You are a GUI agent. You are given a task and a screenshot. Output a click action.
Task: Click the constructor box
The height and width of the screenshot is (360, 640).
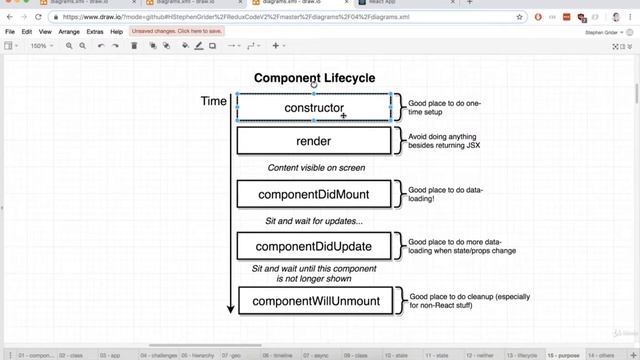(313, 108)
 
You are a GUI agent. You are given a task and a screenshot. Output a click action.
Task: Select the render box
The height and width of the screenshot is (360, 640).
(313, 141)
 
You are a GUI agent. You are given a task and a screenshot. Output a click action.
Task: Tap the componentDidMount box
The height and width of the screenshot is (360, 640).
(313, 194)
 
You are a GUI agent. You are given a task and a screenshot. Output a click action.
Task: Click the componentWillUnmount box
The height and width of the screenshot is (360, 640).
(313, 300)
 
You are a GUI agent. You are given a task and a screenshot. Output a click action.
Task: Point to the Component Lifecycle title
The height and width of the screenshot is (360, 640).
(314, 78)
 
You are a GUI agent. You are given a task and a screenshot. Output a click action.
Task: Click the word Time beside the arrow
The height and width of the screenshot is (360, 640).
(213, 101)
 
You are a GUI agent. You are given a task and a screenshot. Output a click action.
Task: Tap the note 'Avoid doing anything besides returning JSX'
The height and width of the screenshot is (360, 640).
(445, 141)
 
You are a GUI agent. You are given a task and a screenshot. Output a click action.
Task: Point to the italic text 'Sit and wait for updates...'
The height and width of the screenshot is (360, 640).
(313, 220)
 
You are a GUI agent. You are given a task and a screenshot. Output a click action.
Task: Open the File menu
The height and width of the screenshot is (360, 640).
(11, 32)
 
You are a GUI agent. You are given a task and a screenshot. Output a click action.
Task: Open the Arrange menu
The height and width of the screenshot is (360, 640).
(69, 32)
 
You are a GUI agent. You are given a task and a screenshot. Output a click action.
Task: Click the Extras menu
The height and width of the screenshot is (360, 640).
(95, 32)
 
